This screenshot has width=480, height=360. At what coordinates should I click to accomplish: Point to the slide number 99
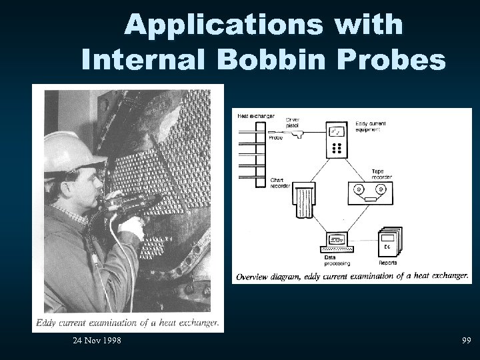pos(465,341)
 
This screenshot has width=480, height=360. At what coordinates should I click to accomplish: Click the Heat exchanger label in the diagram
pos(254,117)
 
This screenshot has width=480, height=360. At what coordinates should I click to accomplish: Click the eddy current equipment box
pos(337,139)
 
